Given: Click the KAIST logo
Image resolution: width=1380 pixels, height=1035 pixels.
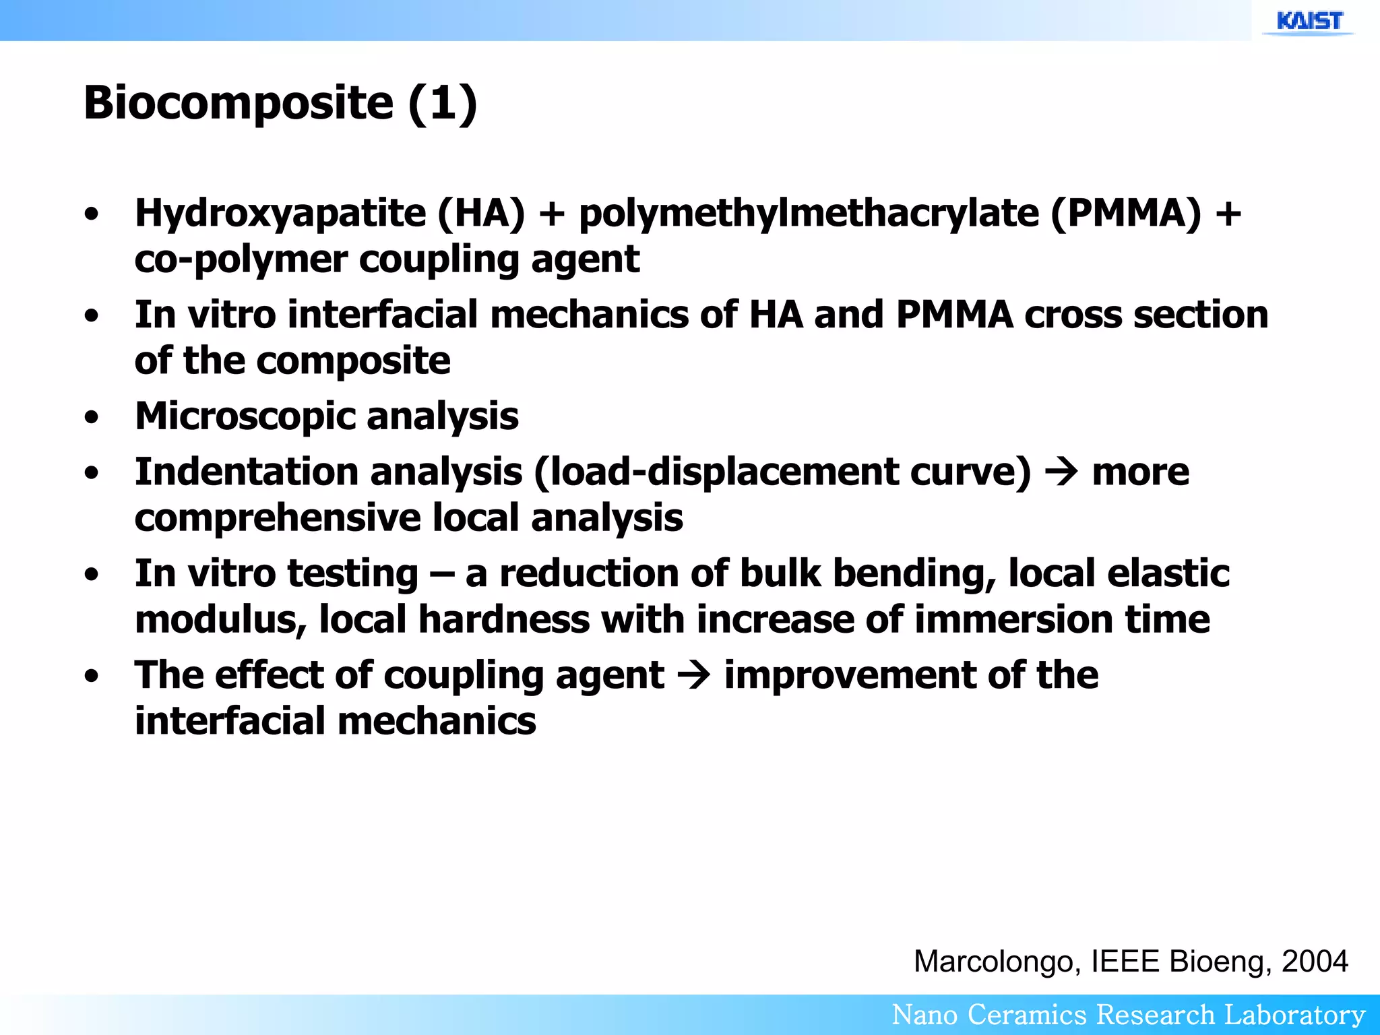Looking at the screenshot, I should tap(1309, 22).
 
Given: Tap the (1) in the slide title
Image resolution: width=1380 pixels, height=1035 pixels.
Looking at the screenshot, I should tap(442, 103).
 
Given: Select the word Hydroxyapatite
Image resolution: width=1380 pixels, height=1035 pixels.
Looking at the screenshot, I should tap(280, 214).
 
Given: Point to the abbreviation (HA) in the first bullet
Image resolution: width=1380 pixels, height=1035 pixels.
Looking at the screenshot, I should tap(481, 214).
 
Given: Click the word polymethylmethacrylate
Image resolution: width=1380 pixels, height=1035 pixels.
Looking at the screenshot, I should tap(809, 214).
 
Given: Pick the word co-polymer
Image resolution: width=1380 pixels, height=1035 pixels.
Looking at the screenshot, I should tap(241, 260).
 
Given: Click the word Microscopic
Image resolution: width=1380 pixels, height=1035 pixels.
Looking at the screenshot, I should tap(245, 416).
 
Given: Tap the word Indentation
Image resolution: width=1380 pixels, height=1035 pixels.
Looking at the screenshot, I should tap(246, 471).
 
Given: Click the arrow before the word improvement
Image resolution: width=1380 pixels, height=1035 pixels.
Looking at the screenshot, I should tap(694, 675).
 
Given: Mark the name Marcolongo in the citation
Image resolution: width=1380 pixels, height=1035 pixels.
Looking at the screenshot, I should tap(997, 961).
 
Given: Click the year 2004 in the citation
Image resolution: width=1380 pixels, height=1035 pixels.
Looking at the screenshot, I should tap(1315, 961).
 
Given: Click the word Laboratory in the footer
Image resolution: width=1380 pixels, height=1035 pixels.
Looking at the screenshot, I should tap(1294, 1015).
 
